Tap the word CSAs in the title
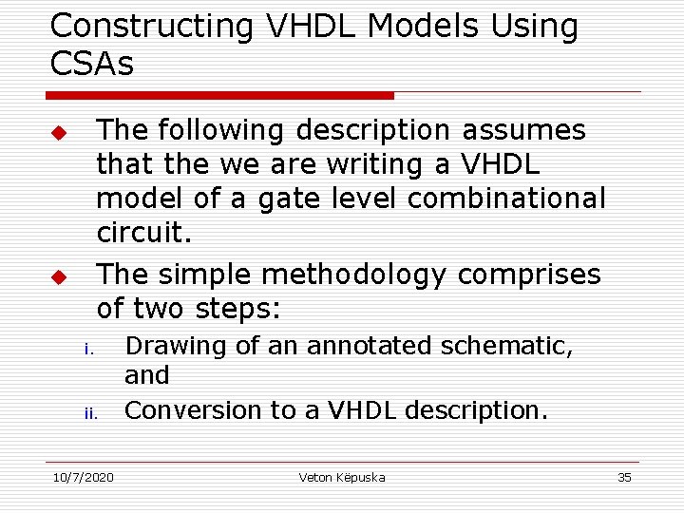point(92,64)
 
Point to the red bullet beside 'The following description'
point(57,131)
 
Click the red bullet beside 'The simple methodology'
point(57,277)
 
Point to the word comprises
point(529,275)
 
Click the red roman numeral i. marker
point(87,349)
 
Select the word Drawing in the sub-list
point(176,346)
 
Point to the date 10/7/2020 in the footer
point(82,477)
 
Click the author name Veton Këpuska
point(341,477)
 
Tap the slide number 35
point(624,477)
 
